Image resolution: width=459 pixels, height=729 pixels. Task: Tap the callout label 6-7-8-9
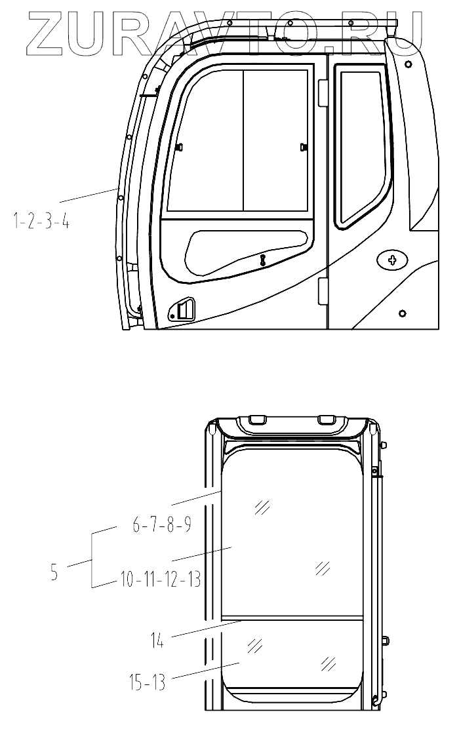point(161,526)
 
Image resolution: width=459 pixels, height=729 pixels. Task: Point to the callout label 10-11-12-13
point(161,580)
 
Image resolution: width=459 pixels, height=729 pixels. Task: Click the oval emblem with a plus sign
point(393,261)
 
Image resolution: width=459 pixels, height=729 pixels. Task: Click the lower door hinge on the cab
point(322,291)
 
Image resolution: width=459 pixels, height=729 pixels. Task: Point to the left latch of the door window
point(180,149)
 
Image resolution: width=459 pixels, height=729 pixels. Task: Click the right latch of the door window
point(302,147)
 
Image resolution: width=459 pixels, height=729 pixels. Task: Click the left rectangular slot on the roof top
point(257,419)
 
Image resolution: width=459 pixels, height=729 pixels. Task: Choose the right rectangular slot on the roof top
point(326,419)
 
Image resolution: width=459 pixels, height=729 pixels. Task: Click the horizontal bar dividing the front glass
point(292,618)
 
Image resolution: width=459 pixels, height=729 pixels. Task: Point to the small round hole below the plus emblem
point(402,313)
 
